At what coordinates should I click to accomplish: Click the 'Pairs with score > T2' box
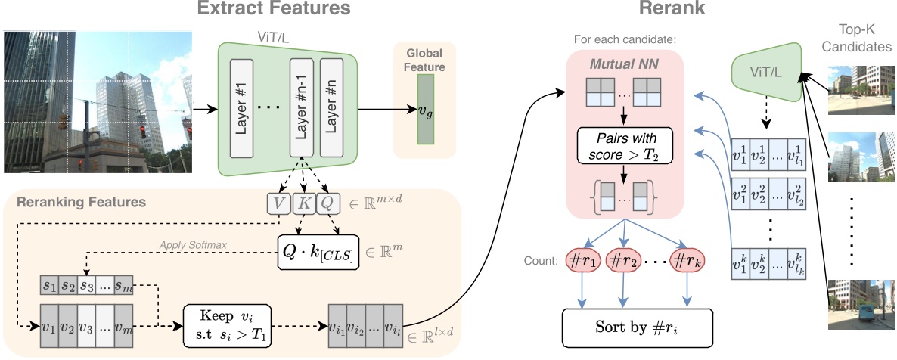pos(625,147)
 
